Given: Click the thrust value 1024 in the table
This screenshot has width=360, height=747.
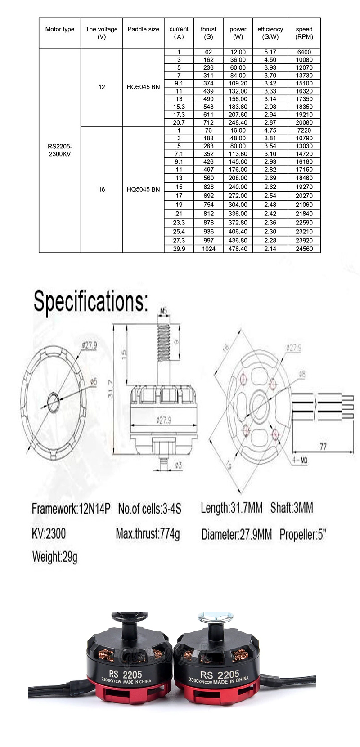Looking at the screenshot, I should [208, 249].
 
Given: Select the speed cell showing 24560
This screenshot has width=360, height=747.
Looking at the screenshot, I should [304, 249].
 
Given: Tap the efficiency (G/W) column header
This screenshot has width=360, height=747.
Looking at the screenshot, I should [270, 33].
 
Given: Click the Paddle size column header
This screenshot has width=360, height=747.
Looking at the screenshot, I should [143, 29].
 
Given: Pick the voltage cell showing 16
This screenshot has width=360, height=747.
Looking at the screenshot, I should [102, 189].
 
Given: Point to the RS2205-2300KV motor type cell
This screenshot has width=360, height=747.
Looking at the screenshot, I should [60, 150].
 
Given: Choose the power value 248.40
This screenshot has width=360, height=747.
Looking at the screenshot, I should [238, 122].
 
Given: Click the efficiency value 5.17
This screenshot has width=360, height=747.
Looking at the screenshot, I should [270, 52].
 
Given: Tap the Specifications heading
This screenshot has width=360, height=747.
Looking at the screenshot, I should [90, 301].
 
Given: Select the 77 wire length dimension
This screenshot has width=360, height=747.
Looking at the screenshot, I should [323, 446].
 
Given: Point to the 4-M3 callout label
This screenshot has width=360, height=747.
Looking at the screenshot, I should [300, 460].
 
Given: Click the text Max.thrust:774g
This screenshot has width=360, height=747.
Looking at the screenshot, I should [148, 534].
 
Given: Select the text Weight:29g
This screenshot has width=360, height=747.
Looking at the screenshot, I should [55, 557].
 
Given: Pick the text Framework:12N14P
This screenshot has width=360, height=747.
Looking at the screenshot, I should [71, 509].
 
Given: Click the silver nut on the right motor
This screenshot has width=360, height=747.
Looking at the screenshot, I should [214, 617].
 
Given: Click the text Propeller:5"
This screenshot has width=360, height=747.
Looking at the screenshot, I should [302, 535].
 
